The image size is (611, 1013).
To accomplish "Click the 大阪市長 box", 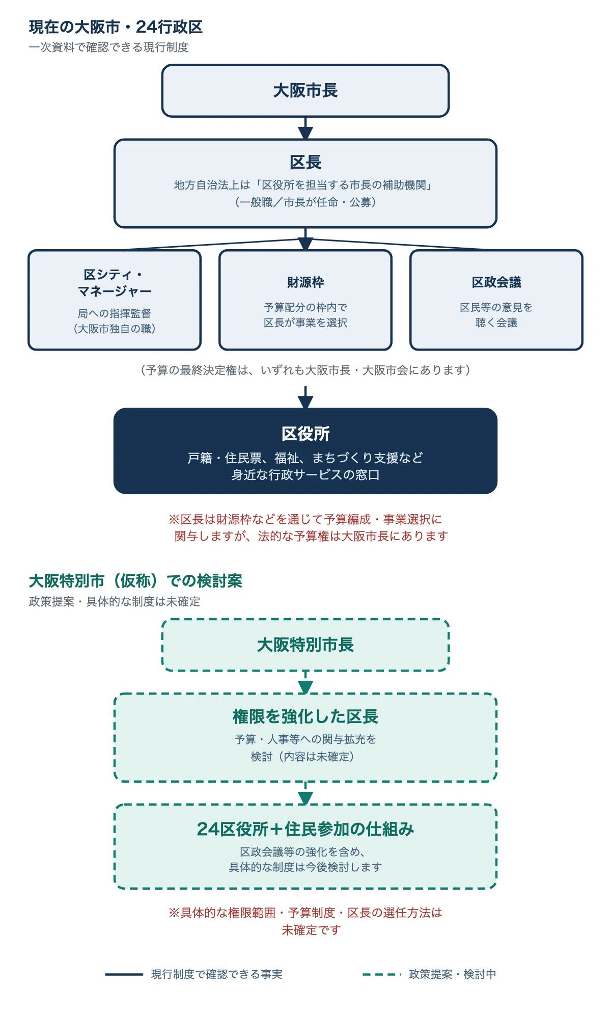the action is tap(305, 91).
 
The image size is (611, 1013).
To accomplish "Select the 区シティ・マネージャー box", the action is tap(115, 300).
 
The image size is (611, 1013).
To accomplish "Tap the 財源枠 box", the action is tap(305, 300).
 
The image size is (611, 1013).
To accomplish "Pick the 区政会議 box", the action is tap(496, 300).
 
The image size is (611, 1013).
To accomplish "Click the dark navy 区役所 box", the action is tap(305, 451).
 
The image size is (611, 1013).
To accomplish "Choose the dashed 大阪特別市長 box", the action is tap(305, 645).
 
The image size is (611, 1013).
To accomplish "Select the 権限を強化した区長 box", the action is tap(305, 737).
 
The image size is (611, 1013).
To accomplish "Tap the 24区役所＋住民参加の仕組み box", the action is tap(305, 846).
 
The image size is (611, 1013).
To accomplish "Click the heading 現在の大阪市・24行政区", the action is tap(116, 27).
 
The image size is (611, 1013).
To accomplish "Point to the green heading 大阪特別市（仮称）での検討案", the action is tap(135, 581).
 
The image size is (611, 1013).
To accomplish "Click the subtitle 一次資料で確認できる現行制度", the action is tap(109, 47).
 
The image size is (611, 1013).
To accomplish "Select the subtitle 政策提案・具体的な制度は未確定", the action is tap(115, 602).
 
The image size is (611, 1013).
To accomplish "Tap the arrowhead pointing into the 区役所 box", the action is tap(305, 402).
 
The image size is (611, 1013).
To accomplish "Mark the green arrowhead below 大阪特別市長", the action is tap(305, 687).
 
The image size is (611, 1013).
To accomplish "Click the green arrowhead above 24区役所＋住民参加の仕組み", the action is tap(305, 798).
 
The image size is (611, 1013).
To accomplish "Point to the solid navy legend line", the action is tap(124, 974).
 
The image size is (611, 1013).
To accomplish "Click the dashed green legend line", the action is tap(382, 974).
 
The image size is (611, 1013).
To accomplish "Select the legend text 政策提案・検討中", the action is tap(452, 974).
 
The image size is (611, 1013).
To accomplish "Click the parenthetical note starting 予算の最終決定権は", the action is tap(305, 370).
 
